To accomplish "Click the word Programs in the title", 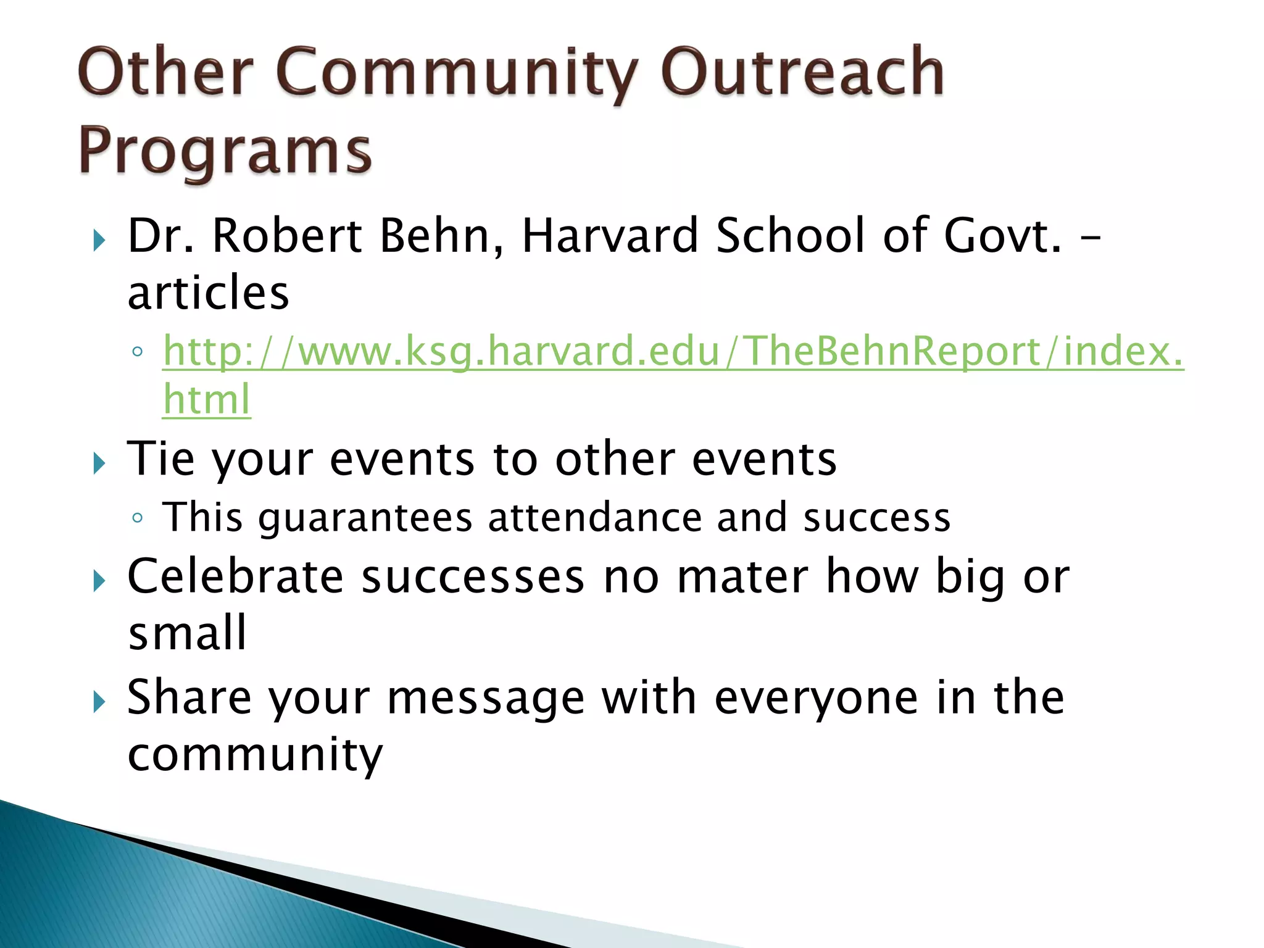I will point(225,151).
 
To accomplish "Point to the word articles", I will point(208,293).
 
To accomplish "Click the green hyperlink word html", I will point(207,399).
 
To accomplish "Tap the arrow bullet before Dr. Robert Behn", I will point(99,239).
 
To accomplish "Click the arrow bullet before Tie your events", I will point(99,462).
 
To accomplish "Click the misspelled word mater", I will point(742,577).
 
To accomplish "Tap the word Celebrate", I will point(235,576).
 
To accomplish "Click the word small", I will point(187,633).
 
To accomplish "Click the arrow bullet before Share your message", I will point(99,702).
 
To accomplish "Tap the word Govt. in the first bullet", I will point(1003,236).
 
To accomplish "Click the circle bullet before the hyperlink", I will point(138,352).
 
